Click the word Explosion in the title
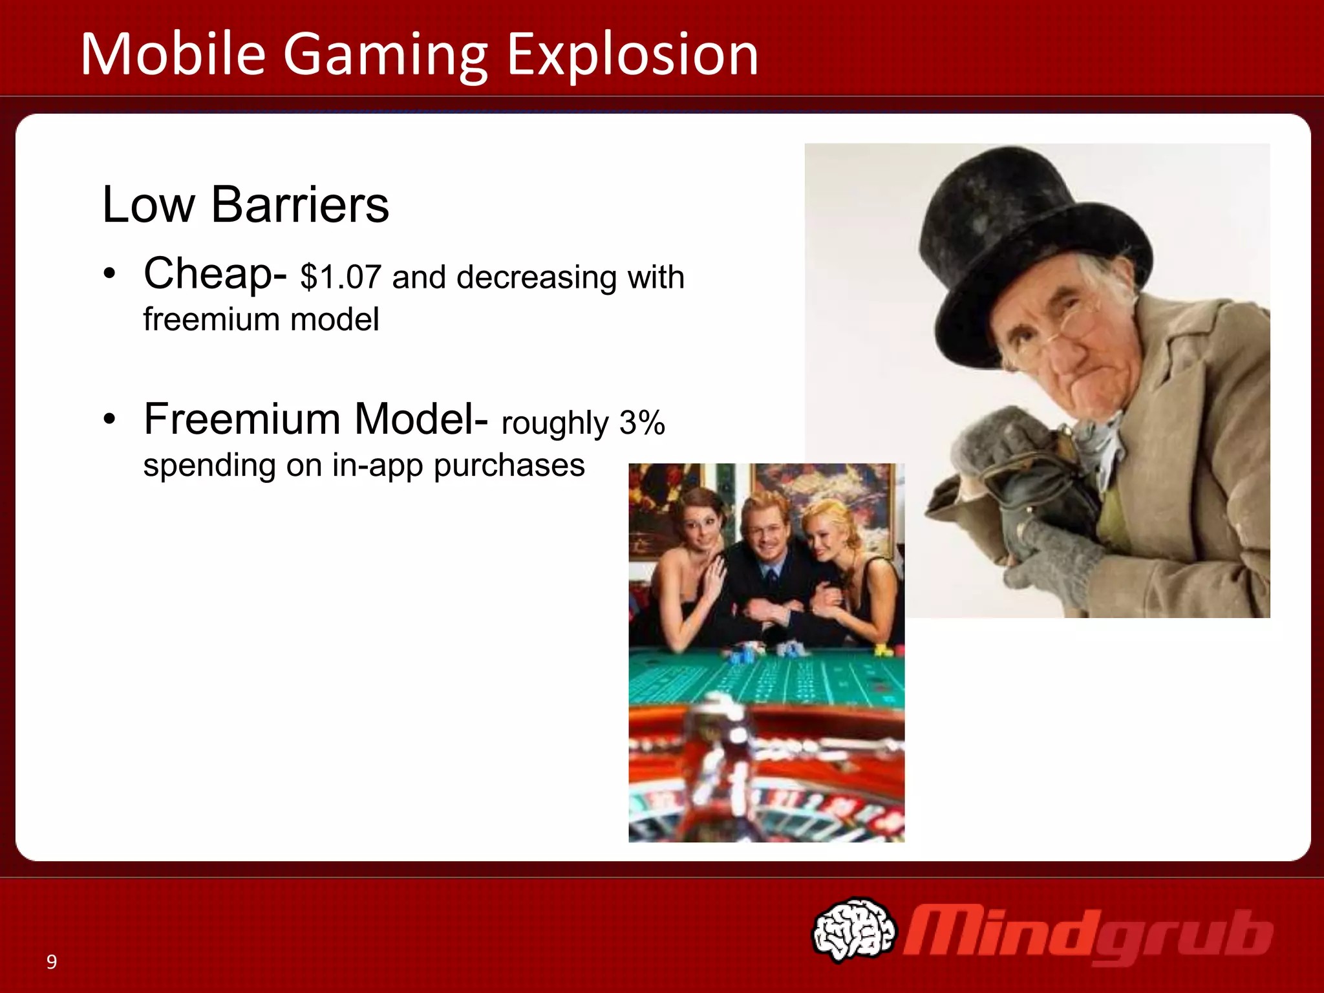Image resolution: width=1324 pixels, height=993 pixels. [x=632, y=54]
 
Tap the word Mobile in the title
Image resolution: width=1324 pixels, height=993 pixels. [x=173, y=54]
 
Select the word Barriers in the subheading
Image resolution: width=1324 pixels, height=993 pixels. [x=300, y=205]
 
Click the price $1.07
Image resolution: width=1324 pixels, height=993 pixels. [x=341, y=277]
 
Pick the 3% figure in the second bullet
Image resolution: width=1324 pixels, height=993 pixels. [x=642, y=423]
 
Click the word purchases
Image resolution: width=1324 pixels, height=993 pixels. [x=509, y=465]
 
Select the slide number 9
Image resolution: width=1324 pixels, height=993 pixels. [x=52, y=962]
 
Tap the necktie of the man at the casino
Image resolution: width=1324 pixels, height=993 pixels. [x=771, y=575]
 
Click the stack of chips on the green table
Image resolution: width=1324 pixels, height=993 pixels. [x=743, y=654]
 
